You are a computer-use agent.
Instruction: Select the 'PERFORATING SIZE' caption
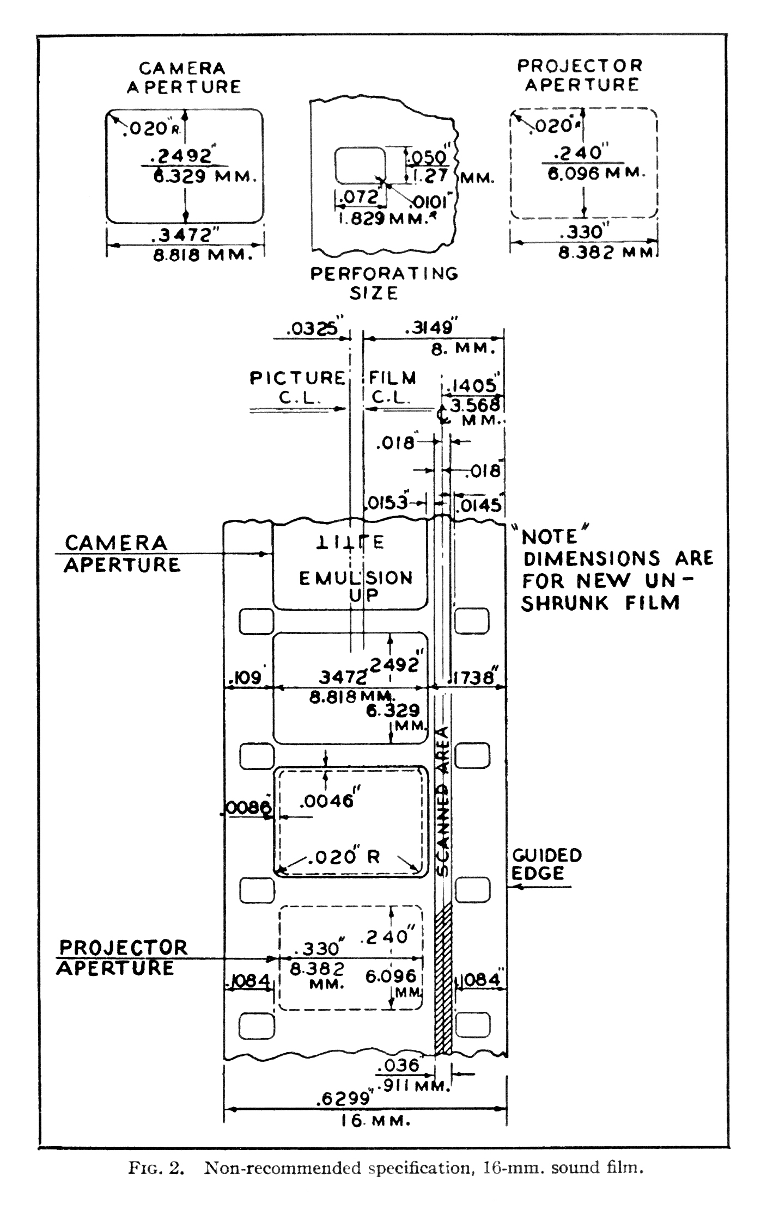pos(384,282)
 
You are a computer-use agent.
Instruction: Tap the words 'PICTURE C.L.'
pos(297,387)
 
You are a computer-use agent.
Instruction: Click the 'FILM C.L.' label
pos(392,387)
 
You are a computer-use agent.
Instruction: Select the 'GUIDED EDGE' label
pos(546,864)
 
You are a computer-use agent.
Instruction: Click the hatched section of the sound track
pos(443,980)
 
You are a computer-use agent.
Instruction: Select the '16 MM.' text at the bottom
pos(375,1121)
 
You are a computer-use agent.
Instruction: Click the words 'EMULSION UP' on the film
pos(356,586)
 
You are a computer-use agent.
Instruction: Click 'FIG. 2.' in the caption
pos(155,1169)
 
